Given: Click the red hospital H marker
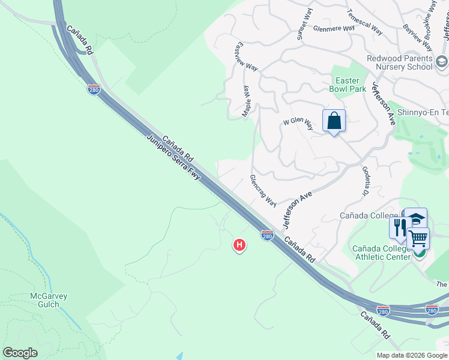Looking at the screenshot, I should pos(240,245).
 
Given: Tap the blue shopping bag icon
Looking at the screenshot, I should pos(334,121).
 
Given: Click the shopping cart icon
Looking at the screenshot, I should pos(418,238).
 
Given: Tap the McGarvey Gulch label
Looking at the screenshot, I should pos(49,300).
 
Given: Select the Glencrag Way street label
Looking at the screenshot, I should pos(263,191).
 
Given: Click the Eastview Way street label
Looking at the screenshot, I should pos(247,56).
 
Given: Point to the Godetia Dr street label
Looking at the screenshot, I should pos(364,181).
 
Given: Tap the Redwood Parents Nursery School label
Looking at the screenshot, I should pos(400,62).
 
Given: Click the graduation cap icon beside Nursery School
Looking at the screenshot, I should pos(442,62).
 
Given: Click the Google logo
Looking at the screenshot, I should pos(20,353).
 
